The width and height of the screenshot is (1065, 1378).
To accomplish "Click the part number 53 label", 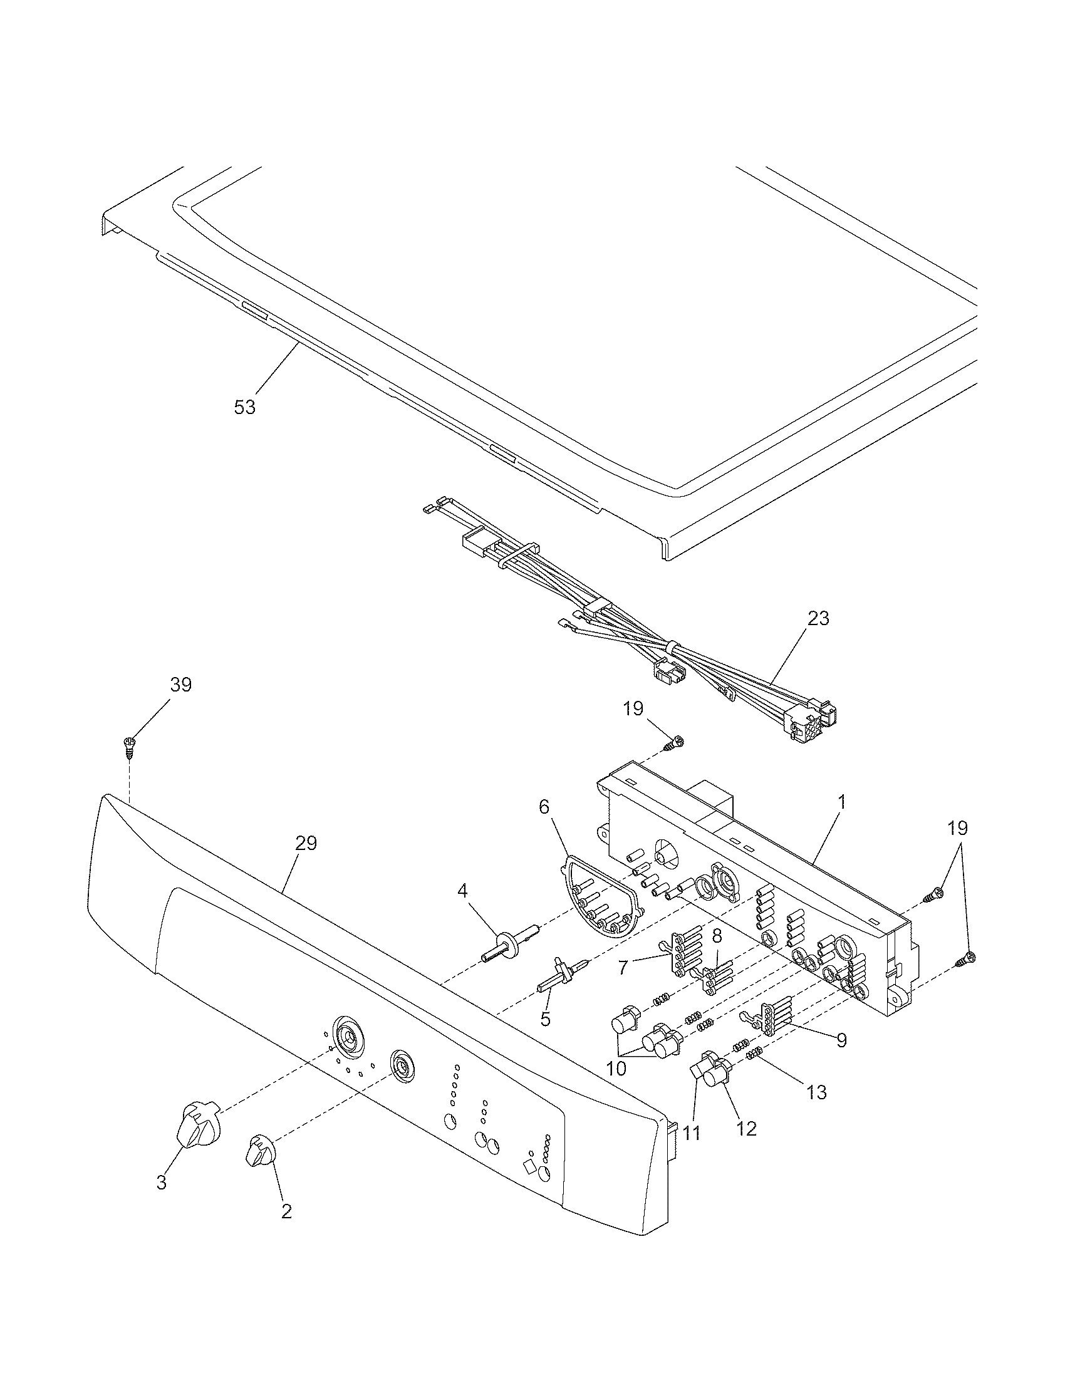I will coord(245,407).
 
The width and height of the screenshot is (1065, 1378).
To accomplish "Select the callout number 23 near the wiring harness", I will coord(818,618).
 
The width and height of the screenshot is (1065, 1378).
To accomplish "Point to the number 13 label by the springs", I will coord(816,1092).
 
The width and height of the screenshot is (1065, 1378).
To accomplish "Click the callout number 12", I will coord(746,1128).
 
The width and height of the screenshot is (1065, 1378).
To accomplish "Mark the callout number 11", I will coord(692,1133).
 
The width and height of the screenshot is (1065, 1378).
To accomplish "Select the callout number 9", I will coord(841,1040).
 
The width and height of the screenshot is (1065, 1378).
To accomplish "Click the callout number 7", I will coord(623,967).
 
